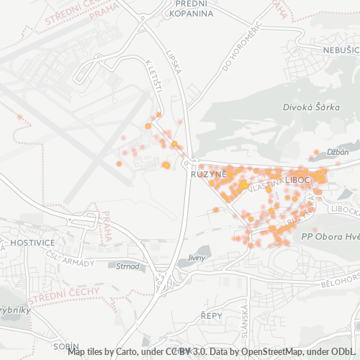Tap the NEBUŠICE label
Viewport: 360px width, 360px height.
[x=341, y=50]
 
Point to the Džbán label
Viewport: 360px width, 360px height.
[x=338, y=152]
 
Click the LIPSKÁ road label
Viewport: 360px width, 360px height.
[x=173, y=62]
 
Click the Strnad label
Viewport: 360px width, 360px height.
[x=127, y=266]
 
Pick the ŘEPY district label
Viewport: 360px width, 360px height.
[x=211, y=315]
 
